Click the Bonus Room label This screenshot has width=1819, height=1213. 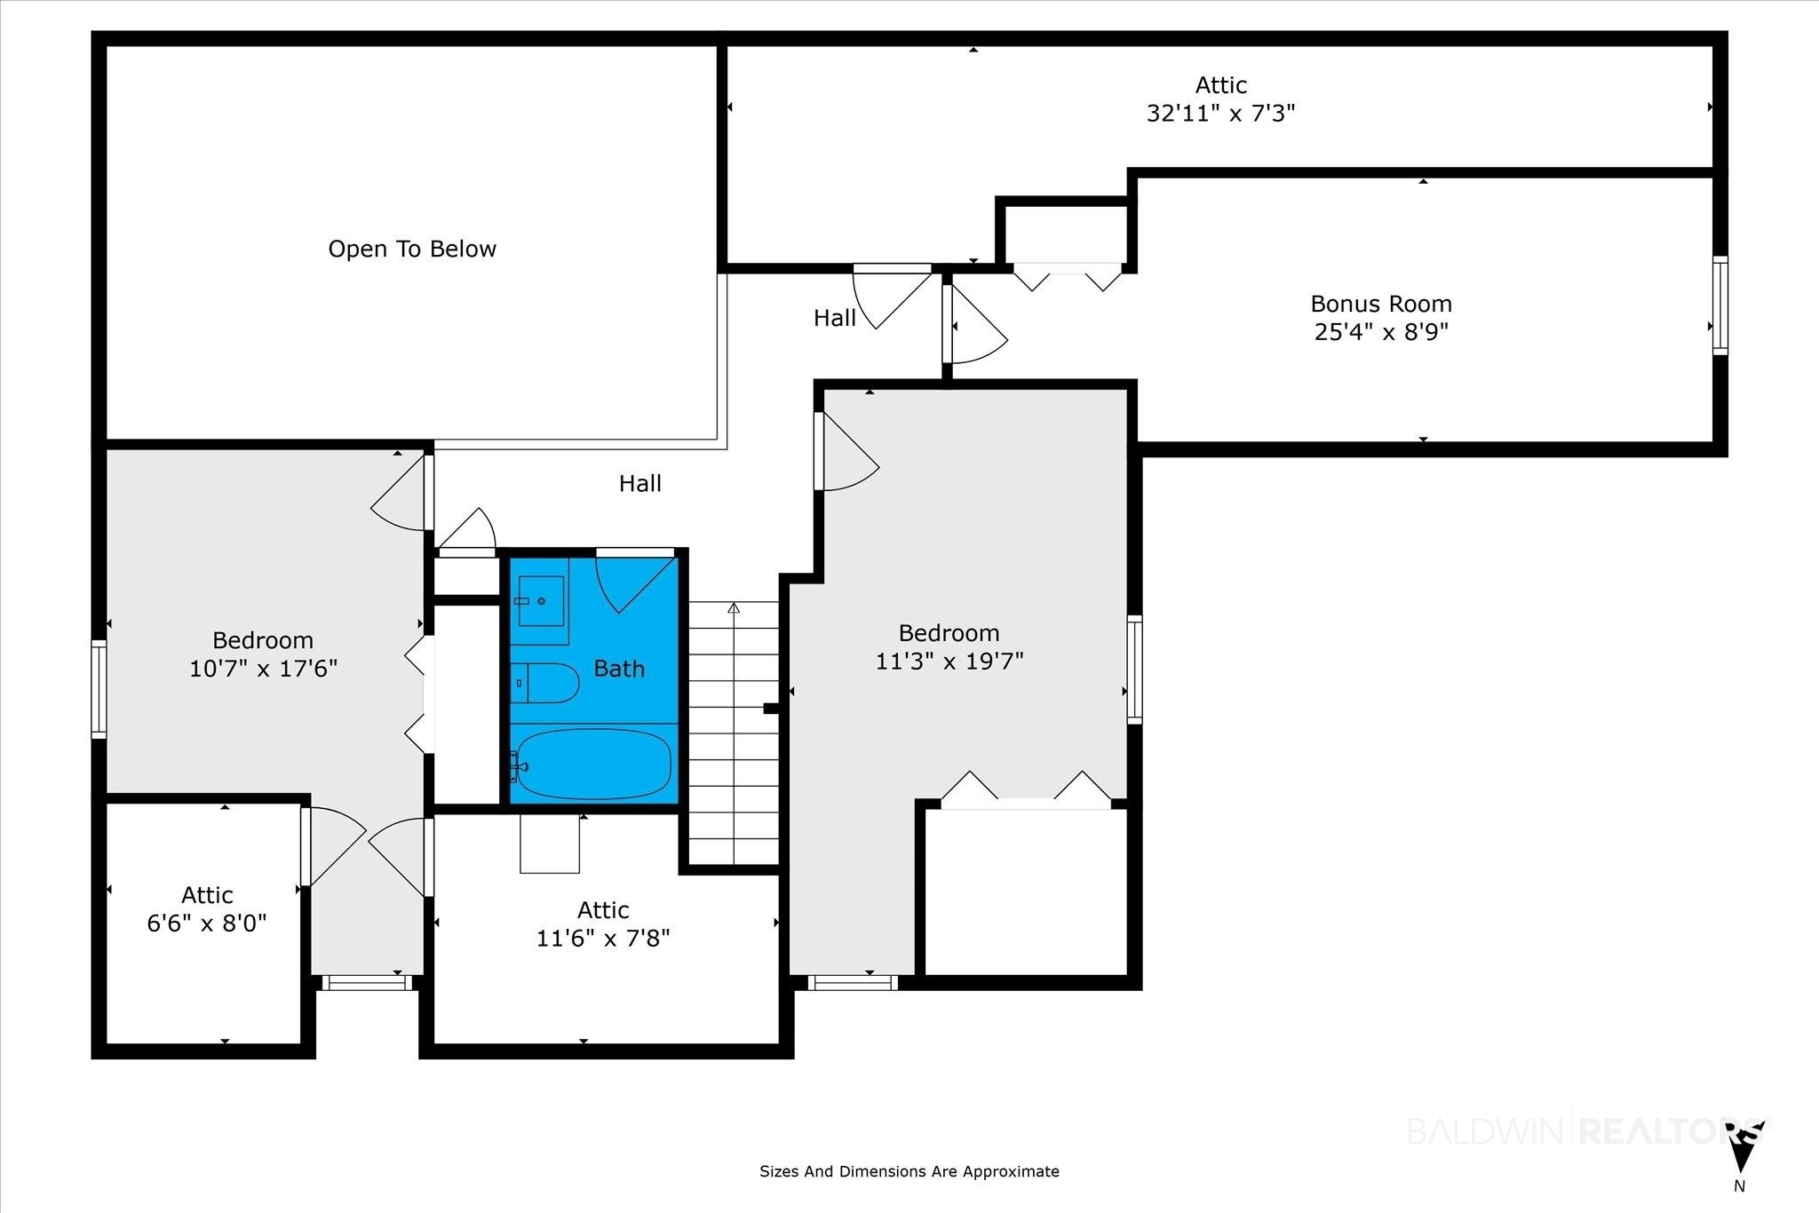coord(1381,304)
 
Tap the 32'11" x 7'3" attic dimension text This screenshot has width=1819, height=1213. coord(1220,114)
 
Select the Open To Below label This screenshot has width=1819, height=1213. coord(412,249)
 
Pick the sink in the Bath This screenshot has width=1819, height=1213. coord(539,601)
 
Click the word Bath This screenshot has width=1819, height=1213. coord(619,669)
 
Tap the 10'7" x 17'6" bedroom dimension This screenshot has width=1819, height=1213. coord(264,669)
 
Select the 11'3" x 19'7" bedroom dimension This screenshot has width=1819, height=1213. coord(949,662)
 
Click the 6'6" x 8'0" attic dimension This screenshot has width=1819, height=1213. coord(207,924)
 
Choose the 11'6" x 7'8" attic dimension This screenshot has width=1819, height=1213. coord(603,939)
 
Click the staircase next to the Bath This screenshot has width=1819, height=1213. coord(734,733)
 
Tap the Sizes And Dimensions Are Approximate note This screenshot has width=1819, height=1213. coord(909,1172)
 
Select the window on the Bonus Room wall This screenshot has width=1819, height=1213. coord(1720,305)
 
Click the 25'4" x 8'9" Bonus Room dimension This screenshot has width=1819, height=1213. coord(1381,332)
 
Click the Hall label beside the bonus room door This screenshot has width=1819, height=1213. coord(835,318)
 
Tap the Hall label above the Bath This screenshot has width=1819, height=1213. coord(640,483)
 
